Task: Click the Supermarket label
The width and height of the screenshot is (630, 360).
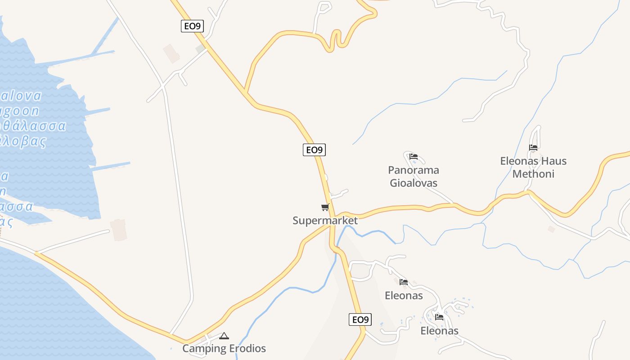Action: pyautogui.click(x=325, y=220)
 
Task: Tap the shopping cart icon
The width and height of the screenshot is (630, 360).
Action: pyautogui.click(x=325, y=207)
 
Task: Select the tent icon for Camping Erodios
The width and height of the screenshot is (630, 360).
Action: pyautogui.click(x=224, y=336)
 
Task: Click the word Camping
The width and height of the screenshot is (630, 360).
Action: pyautogui.click(x=204, y=348)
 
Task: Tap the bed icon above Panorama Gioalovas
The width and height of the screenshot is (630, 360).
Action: pyautogui.click(x=414, y=157)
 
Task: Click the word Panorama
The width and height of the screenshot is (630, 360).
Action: pyautogui.click(x=414, y=170)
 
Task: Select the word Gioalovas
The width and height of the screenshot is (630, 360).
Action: pyautogui.click(x=414, y=183)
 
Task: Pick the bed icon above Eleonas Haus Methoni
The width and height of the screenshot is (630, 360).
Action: pyautogui.click(x=533, y=147)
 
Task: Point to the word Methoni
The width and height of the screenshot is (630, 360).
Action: pyautogui.click(x=533, y=174)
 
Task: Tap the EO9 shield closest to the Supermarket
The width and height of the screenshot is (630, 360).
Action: pyautogui.click(x=314, y=150)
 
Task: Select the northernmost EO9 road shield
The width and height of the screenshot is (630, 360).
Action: pyautogui.click(x=193, y=26)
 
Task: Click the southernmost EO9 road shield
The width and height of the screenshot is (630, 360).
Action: pyautogui.click(x=360, y=319)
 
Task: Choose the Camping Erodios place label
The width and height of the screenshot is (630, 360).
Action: pyautogui.click(x=224, y=348)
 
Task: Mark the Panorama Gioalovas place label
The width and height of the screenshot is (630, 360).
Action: pyautogui.click(x=414, y=176)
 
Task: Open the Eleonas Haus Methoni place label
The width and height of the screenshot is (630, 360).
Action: pyautogui.click(x=533, y=167)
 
